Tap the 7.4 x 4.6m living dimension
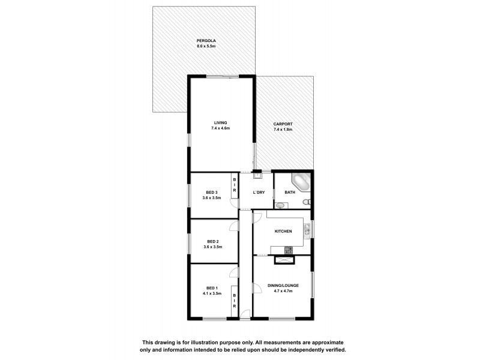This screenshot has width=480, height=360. pyautogui.click(x=221, y=128)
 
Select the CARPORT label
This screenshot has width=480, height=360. pyautogui.click(x=283, y=124)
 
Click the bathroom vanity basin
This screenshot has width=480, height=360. pyautogui.click(x=279, y=205)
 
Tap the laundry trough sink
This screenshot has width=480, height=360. pyautogui.click(x=257, y=176)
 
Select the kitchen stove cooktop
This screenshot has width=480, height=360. pyautogui.click(x=289, y=250)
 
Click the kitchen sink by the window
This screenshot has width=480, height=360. pyautogui.click(x=307, y=229)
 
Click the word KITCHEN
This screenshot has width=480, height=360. pyautogui.click(x=283, y=231)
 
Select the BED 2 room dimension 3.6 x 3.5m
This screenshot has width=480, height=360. pyautogui.click(x=213, y=247)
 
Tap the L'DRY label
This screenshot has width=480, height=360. pyautogui.click(x=259, y=192)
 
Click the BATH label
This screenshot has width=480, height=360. pyautogui.click(x=290, y=192)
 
